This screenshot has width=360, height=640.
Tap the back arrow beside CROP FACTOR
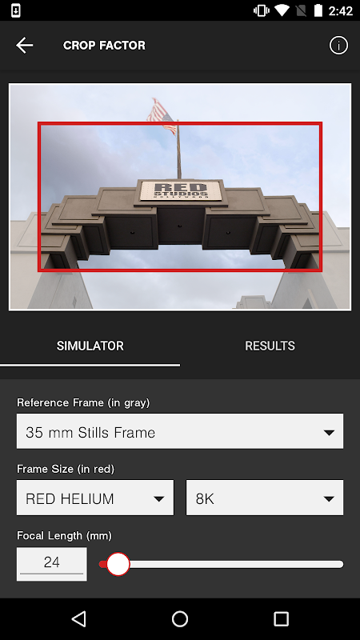click(24, 46)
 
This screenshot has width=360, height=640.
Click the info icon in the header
click(338, 46)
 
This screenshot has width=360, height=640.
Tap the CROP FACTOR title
click(104, 46)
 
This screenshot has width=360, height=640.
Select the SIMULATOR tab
click(90, 346)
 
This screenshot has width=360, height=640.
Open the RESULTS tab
click(270, 346)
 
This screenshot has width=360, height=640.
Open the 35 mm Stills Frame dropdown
click(180, 431)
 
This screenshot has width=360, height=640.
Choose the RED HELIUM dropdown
click(95, 498)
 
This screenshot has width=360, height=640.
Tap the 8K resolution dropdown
click(265, 498)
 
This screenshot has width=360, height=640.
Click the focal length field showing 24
click(52, 564)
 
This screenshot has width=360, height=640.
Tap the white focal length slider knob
click(118, 565)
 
